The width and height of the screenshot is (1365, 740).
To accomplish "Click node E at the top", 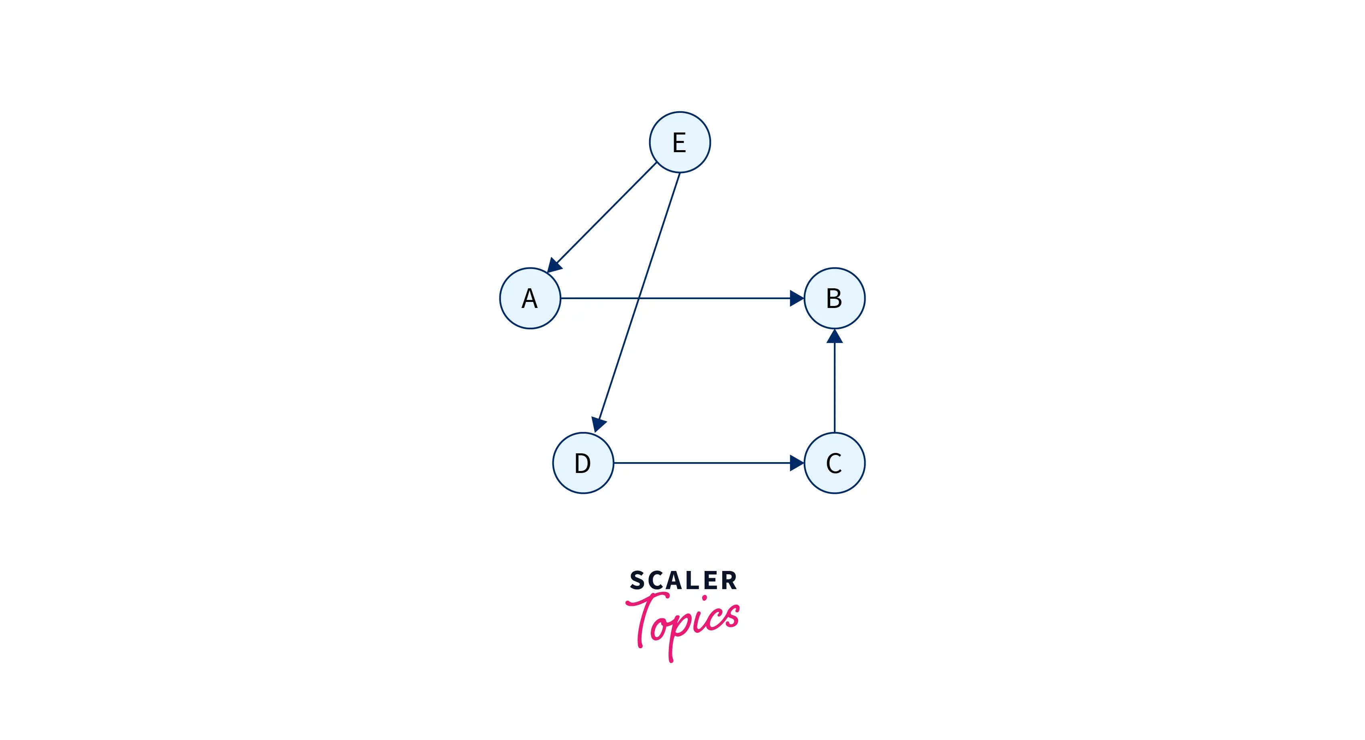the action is tap(680, 142).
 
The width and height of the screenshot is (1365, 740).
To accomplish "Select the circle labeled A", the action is tap(530, 298).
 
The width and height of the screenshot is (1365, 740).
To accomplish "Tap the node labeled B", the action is tap(835, 298).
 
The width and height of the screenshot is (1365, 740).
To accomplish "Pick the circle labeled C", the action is tap(835, 463).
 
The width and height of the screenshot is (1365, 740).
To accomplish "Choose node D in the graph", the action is tap(583, 463).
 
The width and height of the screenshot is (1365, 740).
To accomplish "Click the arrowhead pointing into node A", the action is tap(554, 265).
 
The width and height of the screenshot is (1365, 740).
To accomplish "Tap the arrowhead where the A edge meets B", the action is tap(797, 298).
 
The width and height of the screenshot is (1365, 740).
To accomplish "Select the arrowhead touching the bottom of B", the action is tap(835, 336).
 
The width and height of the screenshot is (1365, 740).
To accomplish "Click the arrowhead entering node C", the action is tap(797, 463).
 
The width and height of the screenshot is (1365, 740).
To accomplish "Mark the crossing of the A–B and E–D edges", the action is tap(638, 298).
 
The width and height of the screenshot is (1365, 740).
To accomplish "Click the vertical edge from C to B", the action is tap(835, 387).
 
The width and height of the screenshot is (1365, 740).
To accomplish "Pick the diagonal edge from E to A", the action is tap(604, 215).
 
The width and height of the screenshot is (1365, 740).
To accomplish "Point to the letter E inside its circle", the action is tap(679, 143).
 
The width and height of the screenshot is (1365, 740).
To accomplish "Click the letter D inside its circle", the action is tap(583, 464).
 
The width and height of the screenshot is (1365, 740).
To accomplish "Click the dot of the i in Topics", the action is tap(704, 598).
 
